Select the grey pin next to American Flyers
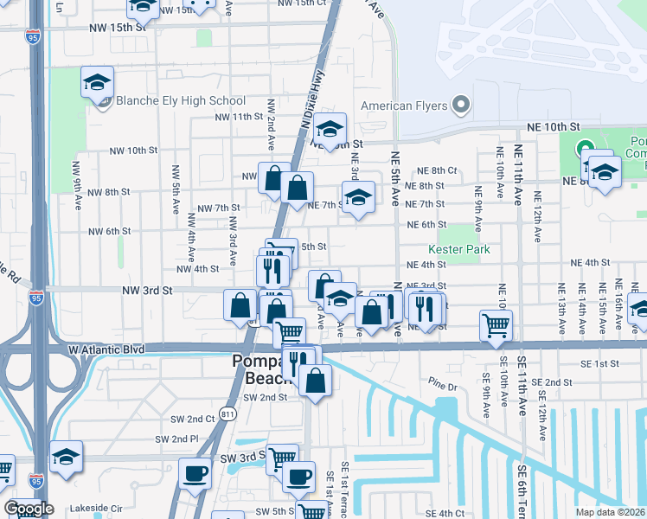461,106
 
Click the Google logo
29,509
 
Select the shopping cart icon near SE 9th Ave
496,325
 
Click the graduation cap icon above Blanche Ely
98,82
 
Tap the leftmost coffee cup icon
195,473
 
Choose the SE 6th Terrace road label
522,485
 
